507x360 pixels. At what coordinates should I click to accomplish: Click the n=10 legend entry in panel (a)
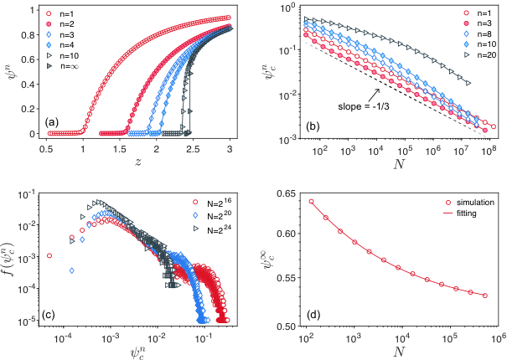point(63,56)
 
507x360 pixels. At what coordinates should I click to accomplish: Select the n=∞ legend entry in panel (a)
point(63,66)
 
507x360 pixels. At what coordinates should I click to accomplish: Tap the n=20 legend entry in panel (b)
point(481,55)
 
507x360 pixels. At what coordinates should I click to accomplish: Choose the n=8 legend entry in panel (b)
point(479,34)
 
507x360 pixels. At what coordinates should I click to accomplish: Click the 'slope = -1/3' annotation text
point(364,106)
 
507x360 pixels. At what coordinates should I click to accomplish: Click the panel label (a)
point(52,122)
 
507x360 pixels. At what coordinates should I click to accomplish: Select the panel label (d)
point(313,314)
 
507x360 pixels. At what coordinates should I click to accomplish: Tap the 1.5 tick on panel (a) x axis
point(119,149)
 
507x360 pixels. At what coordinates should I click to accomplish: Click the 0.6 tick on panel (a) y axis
point(28,59)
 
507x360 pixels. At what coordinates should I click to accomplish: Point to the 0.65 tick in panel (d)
point(286,193)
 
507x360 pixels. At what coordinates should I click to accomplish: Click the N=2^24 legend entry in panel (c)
point(213,229)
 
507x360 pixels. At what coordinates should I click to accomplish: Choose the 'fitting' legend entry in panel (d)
point(461,213)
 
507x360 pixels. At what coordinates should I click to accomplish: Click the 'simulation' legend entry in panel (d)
point(469,203)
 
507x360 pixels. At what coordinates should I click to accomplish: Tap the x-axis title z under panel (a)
point(137,162)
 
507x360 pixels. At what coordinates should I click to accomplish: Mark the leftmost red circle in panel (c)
point(49,255)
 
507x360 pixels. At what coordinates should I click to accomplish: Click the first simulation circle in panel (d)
point(312,202)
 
